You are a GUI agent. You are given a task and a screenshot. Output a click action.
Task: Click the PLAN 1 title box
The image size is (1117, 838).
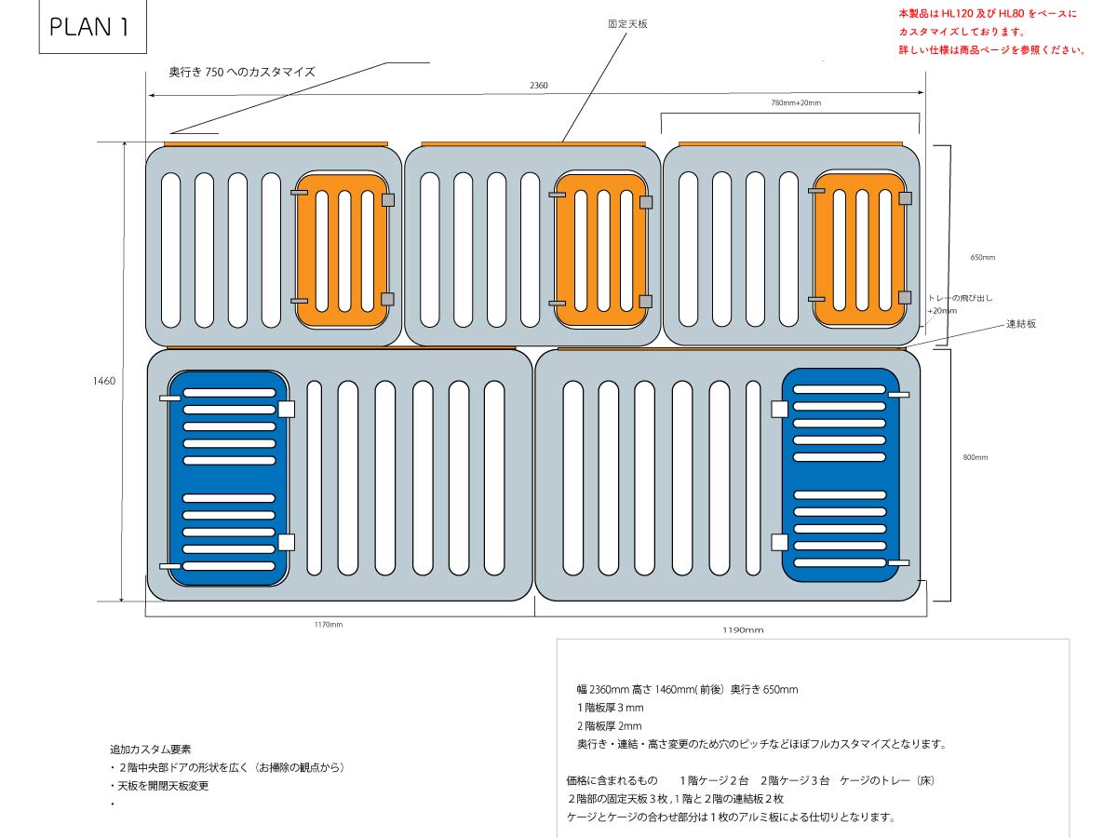coord(88,28)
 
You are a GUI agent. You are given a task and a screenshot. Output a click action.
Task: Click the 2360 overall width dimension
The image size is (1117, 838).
coord(539,86)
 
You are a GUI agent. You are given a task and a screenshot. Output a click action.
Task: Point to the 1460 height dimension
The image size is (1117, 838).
coord(103,381)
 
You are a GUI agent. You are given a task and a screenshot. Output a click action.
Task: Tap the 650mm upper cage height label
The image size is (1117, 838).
coord(982,257)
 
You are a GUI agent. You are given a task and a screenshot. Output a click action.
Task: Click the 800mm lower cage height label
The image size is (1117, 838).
coord(976,457)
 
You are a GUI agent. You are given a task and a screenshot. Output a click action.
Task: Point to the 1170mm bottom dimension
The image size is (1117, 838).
coord(328,625)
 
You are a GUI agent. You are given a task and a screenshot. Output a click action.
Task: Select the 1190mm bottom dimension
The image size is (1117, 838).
coord(743,630)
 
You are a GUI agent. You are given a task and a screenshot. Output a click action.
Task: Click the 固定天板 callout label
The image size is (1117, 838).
coord(627,24)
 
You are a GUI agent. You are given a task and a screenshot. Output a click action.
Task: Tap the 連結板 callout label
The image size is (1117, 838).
coord(1021,324)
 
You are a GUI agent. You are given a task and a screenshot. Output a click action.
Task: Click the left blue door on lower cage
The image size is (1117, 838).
coord(228,478)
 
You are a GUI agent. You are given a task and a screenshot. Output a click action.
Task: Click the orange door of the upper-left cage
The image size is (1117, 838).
coord(342,250)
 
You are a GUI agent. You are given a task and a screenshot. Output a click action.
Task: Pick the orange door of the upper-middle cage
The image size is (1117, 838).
coord(601,250)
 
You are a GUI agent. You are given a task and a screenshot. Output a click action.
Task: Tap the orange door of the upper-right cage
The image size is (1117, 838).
coord(859,250)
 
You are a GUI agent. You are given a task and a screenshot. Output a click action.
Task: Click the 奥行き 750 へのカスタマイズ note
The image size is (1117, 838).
coord(242,72)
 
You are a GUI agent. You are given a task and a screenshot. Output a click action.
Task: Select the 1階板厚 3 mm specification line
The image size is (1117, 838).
coord(610,708)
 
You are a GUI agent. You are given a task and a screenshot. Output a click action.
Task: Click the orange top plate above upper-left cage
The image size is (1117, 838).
coord(276,143)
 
